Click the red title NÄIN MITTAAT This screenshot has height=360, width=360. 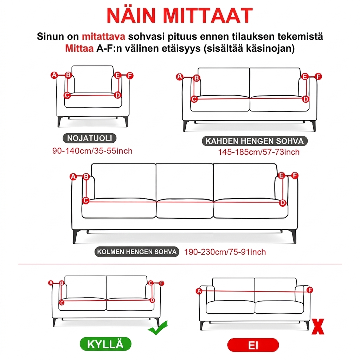(x=180, y=15)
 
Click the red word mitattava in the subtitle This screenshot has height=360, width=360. (x=104, y=37)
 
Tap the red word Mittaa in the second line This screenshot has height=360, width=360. (x=79, y=49)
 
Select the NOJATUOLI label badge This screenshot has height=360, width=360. (x=90, y=138)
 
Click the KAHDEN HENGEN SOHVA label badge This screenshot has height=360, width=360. (x=255, y=141)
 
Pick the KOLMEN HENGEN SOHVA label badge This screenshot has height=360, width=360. (x=137, y=252)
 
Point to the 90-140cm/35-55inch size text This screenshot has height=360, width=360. (x=92, y=151)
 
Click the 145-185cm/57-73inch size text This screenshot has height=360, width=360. (x=259, y=152)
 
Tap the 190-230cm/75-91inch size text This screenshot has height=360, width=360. (x=225, y=252)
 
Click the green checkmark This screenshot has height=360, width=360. (x=158, y=328)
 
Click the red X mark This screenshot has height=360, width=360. (x=318, y=327)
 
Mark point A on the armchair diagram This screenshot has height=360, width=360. (x=54, y=75)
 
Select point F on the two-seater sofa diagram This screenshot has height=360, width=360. (x=318, y=76)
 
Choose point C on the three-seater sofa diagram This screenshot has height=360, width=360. (x=86, y=200)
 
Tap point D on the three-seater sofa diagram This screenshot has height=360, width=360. (x=283, y=203)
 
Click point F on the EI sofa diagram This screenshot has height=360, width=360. (x=310, y=290)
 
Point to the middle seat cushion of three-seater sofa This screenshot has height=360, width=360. (x=185, y=208)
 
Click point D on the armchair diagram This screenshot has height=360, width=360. (x=117, y=95)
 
